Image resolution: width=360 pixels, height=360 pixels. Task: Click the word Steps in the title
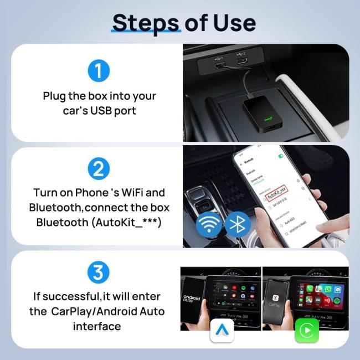pyautogui.click(x=146, y=23)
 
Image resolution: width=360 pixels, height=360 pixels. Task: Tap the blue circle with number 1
pyautogui.click(x=98, y=71)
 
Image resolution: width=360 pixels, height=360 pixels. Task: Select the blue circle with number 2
pyautogui.click(x=98, y=168)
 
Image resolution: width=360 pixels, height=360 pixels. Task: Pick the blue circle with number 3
pyautogui.click(x=98, y=272)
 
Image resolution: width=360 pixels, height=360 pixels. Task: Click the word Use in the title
pyautogui.click(x=233, y=23)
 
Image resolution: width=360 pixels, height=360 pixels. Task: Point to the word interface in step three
pyautogui.click(x=97, y=326)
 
